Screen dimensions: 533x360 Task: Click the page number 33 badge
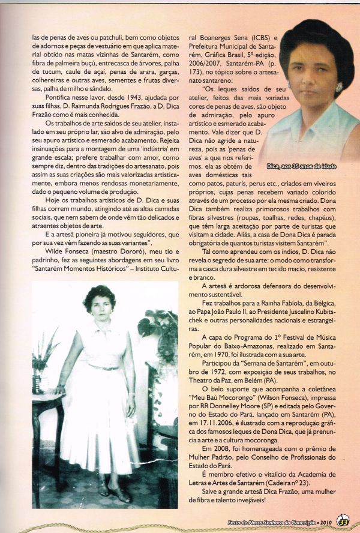(x=342, y=519)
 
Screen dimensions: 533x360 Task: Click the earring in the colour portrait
(x=339, y=87)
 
